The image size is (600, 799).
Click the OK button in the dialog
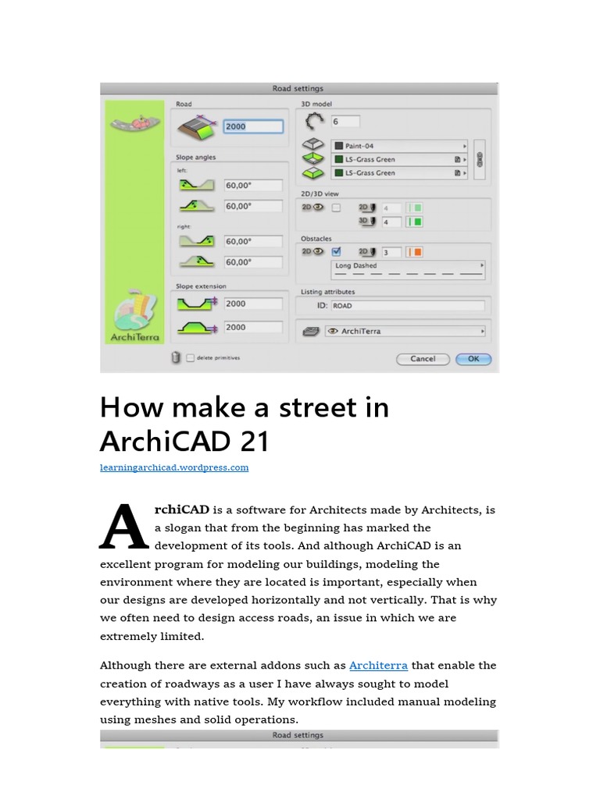[473, 359]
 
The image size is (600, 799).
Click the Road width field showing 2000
[252, 126]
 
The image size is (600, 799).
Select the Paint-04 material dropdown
[399, 146]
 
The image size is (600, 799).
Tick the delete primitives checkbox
[191, 358]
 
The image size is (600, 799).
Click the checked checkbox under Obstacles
[336, 251]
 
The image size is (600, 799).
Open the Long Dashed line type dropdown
[408, 266]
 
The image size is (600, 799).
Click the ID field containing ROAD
[407, 306]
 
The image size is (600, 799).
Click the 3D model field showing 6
[345, 122]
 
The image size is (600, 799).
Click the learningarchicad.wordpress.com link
[174, 467]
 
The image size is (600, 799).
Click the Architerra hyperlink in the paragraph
[378, 666]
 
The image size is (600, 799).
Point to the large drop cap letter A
[124, 527]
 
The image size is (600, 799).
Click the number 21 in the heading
[255, 442]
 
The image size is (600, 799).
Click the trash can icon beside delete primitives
[177, 357]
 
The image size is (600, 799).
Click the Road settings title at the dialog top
[298, 89]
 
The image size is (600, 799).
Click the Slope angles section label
[196, 158]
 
